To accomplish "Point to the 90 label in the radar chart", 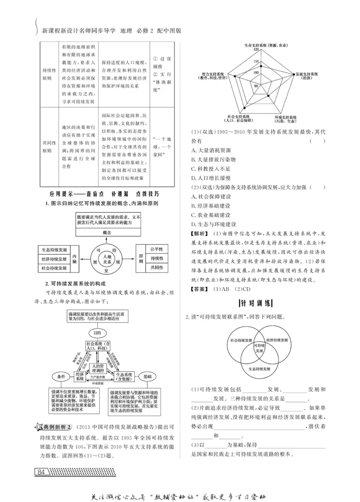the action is tap(256, 85).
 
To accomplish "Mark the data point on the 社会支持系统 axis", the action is tap(244, 107).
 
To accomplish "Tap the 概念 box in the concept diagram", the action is tap(107, 232).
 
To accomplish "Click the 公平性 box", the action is tap(157, 249).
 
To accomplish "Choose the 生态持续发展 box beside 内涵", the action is tap(54, 250).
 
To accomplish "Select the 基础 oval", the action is tap(147, 375).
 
